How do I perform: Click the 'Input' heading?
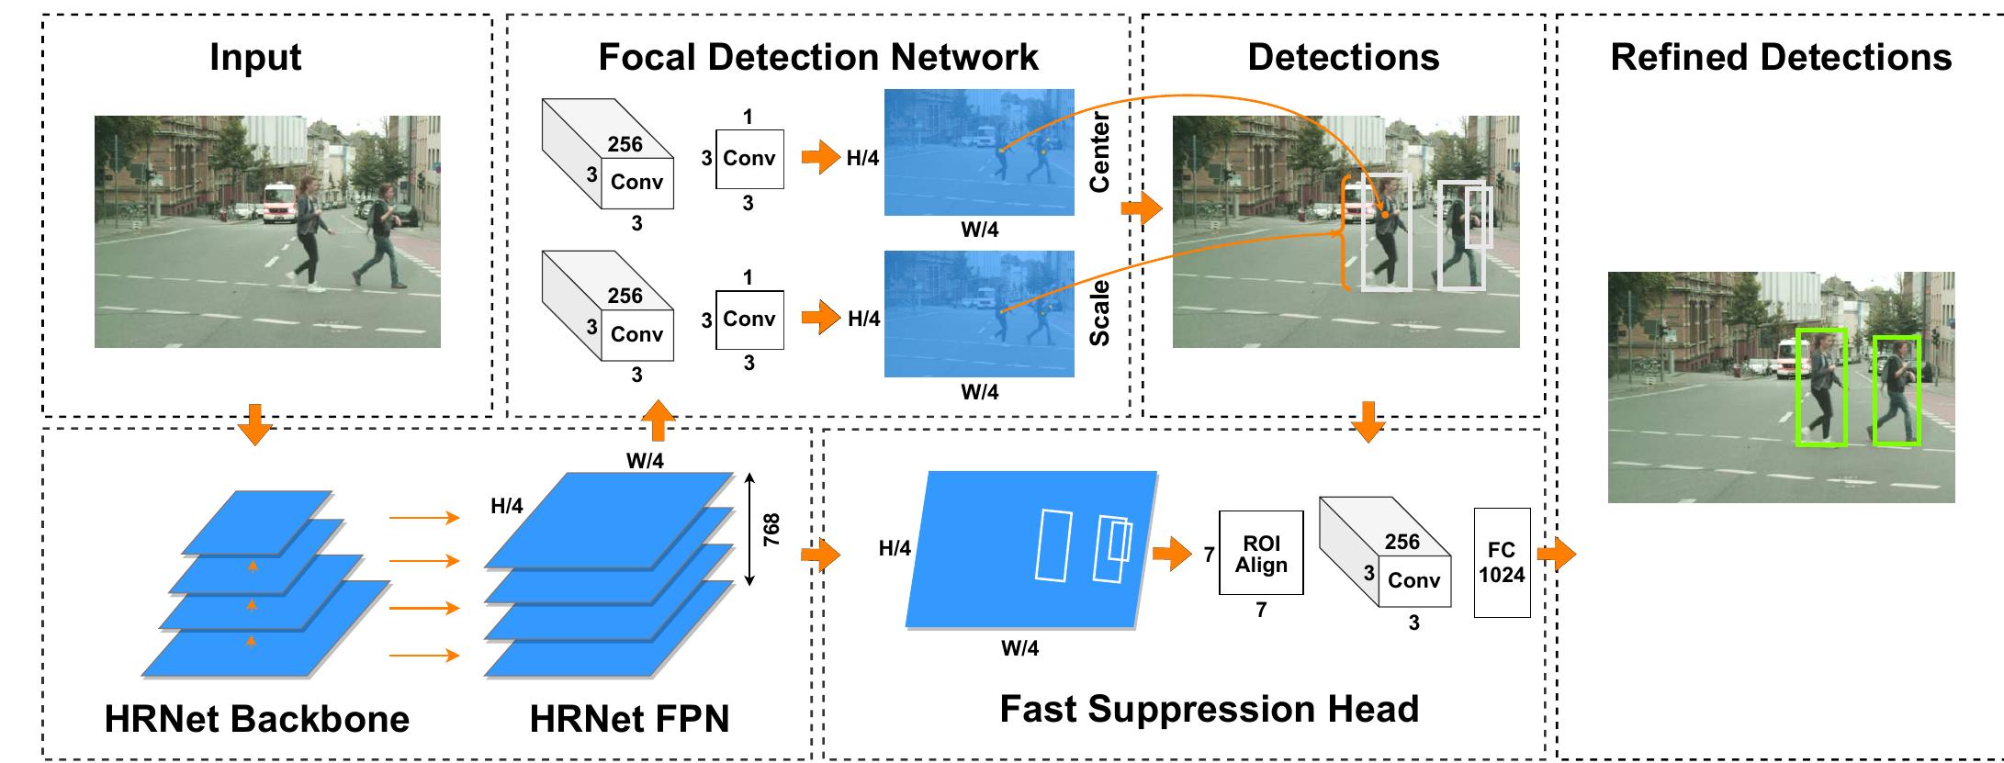(x=255, y=57)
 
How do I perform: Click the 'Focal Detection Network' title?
(x=818, y=57)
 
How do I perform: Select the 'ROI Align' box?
(x=1261, y=554)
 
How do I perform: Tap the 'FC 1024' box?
(x=1502, y=562)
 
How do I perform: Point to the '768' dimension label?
(x=771, y=530)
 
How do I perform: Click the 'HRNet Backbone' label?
(x=257, y=718)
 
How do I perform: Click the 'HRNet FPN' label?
(x=629, y=718)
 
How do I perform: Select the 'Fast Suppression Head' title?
(x=1209, y=709)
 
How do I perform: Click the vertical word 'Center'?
(x=1099, y=152)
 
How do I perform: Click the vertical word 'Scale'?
(x=1099, y=313)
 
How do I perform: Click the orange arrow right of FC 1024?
(x=1556, y=554)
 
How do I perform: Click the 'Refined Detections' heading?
(x=1781, y=57)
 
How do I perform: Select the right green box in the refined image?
(x=1897, y=390)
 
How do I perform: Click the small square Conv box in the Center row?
(x=749, y=159)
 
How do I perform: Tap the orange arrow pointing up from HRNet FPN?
(x=658, y=421)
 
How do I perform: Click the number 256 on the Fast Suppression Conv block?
(x=1402, y=542)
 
